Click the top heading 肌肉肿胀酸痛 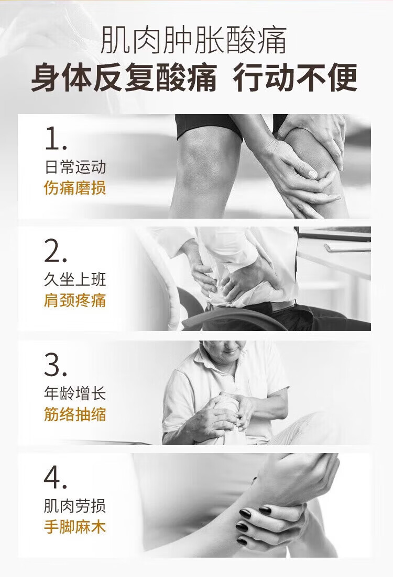pyautogui.click(x=193, y=39)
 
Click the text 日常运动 pyautogui.click(x=75, y=167)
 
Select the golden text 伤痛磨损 pyautogui.click(x=75, y=188)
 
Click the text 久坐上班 pyautogui.click(x=75, y=280)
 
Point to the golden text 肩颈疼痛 pyautogui.click(x=75, y=300)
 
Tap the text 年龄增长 pyautogui.click(x=75, y=393)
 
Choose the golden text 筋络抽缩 pyautogui.click(x=75, y=414)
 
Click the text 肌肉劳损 pyautogui.click(x=75, y=506)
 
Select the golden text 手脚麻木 pyautogui.click(x=75, y=527)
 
